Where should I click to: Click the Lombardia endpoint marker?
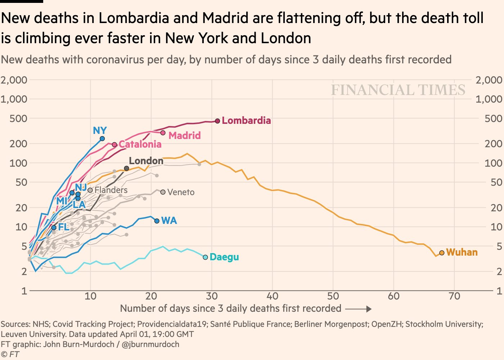pos(217,121)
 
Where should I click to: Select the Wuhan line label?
pos(462,252)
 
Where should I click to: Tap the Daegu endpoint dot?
pos(205,257)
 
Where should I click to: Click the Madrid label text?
pos(184,136)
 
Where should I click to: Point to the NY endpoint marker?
pos(102,139)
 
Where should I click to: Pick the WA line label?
pos(169,221)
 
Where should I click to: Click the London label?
pos(146,161)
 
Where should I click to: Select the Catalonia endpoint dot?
pos(114,145)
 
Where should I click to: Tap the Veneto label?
pos(181,192)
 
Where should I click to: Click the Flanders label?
pos(111,190)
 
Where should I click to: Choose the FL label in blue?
pos(63,227)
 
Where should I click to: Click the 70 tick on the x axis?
pos(454,296)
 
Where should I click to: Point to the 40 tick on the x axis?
pos(272,296)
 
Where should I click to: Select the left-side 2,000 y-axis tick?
pos(14,80)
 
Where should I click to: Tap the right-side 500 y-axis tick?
pos(493,118)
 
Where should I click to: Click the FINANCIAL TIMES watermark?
pos(398,90)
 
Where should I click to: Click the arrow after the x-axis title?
pos(358,309)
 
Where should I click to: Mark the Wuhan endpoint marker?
pos(442,253)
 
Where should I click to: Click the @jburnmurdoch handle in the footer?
pos(150,344)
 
